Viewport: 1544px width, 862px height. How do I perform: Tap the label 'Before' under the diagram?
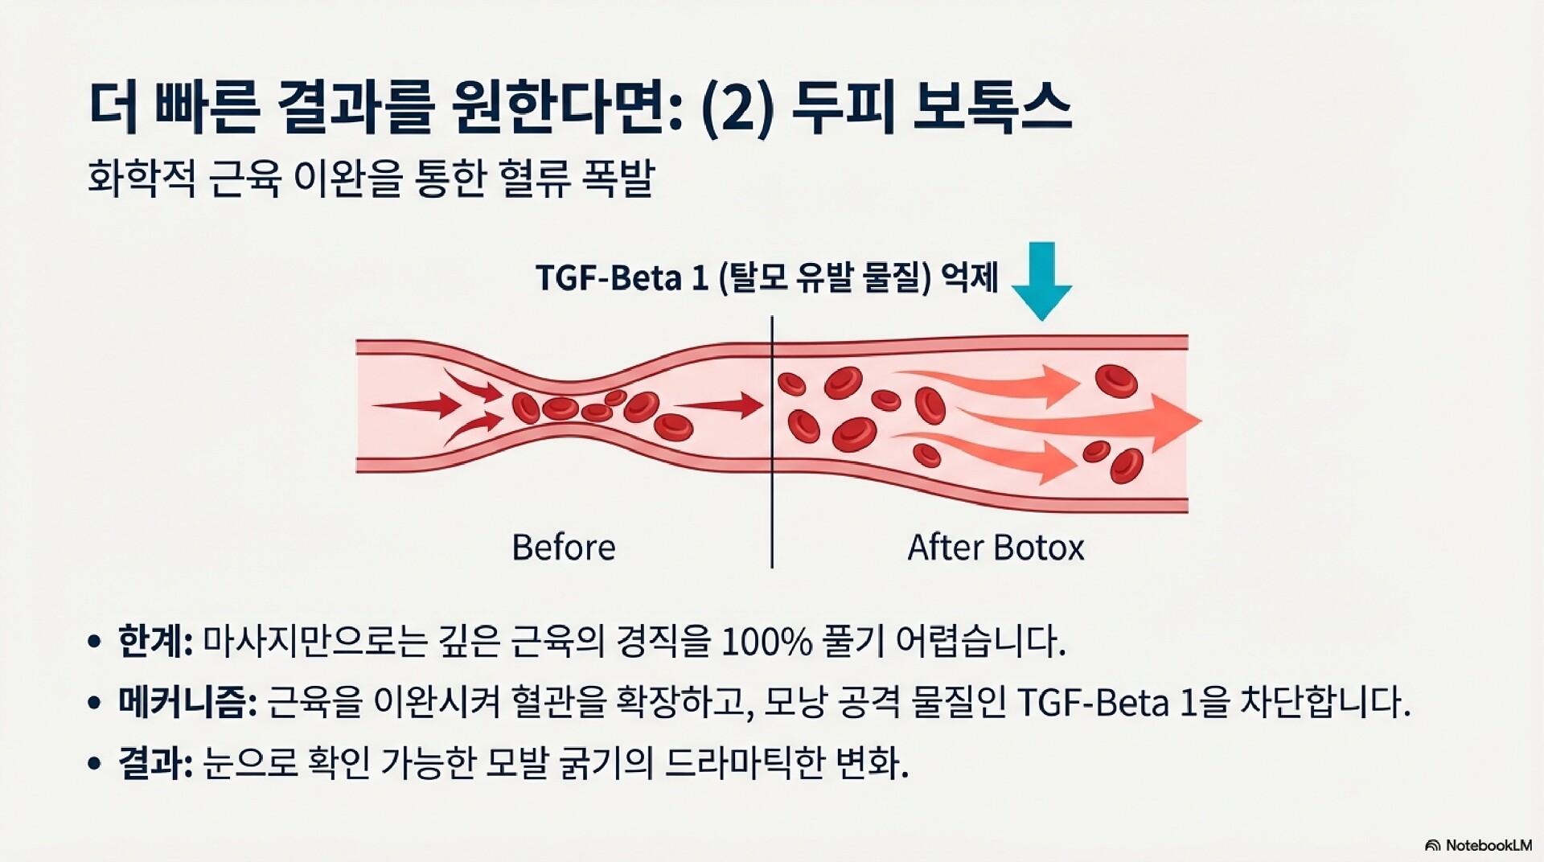click(x=563, y=548)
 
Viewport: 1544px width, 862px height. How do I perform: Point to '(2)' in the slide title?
click(x=737, y=109)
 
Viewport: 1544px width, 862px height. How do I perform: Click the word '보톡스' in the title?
click(x=992, y=109)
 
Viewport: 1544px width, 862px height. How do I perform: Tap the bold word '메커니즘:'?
click(x=187, y=702)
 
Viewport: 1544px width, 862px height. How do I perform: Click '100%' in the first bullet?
click(x=766, y=642)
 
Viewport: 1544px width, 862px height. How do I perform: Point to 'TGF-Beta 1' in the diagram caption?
click(x=622, y=278)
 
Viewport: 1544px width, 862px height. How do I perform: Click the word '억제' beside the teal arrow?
click(x=971, y=278)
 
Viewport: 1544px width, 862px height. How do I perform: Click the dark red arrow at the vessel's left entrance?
click(x=410, y=405)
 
